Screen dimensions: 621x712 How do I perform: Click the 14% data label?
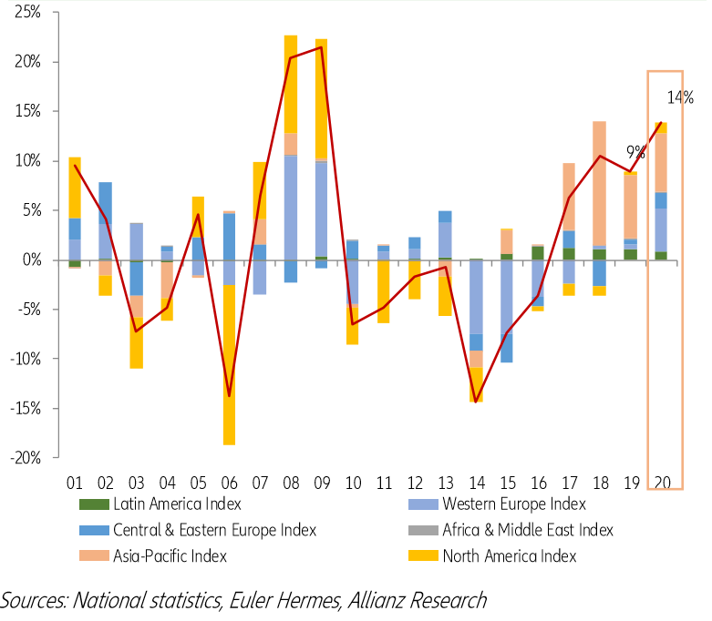point(680,97)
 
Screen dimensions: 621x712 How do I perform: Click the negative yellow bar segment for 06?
point(229,364)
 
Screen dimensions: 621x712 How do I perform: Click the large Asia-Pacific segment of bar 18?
point(601,182)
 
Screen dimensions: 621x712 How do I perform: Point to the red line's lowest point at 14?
point(477,402)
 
